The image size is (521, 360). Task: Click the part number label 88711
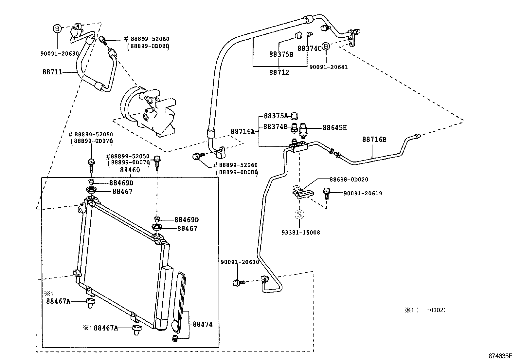[52, 72]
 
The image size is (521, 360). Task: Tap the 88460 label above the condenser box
[130, 170]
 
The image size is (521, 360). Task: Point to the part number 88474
[203, 324]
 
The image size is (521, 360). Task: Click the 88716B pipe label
[374, 140]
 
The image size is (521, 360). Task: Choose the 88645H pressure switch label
[334, 128]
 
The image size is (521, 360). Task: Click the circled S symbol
[299, 215]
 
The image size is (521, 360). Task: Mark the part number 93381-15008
[300, 233]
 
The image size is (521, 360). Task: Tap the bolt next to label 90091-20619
[326, 193]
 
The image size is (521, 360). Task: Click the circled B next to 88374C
[326, 47]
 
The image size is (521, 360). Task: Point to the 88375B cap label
[281, 54]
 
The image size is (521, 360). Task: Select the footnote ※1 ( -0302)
[425, 310]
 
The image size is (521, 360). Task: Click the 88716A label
[243, 131]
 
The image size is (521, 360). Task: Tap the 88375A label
[276, 116]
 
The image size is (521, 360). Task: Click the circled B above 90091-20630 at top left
[57, 29]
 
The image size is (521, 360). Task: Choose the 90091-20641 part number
[328, 67]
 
